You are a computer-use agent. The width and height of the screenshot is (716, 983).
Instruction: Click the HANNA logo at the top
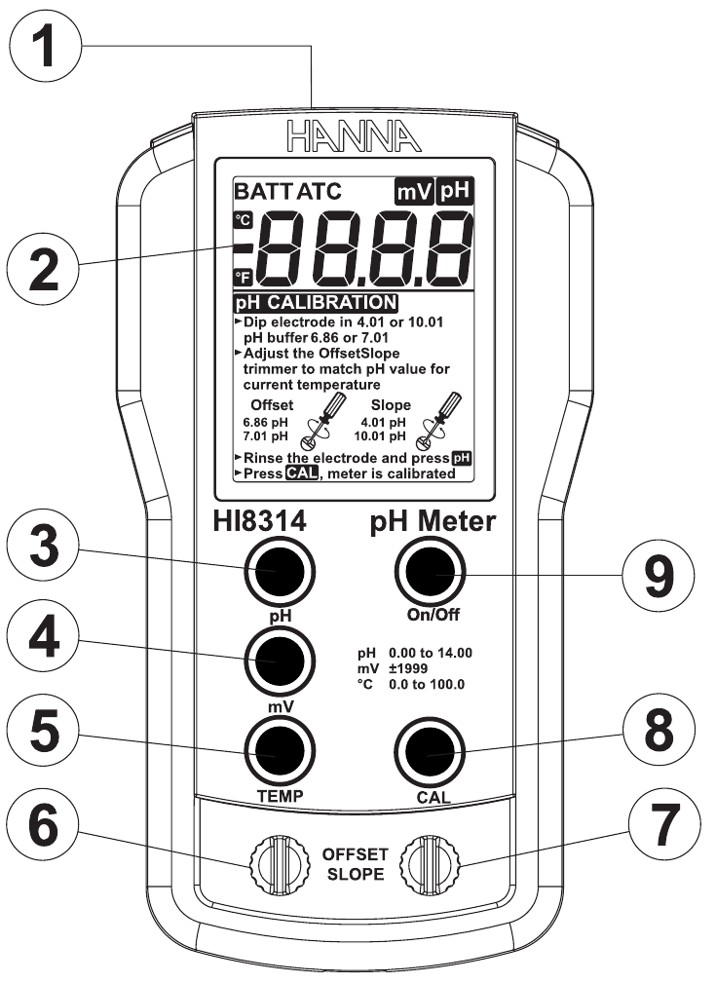(x=354, y=132)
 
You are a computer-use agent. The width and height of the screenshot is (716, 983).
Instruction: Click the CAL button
(x=428, y=752)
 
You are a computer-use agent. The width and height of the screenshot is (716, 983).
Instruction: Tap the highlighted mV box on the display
(x=412, y=191)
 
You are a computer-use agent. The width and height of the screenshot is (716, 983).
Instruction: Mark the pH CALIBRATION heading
(x=314, y=303)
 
